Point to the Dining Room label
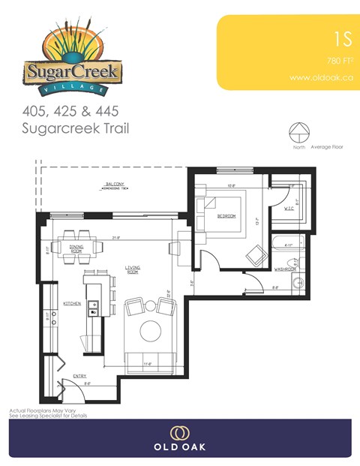[x=76, y=247]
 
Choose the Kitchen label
[x=72, y=303]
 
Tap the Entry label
[x=79, y=375]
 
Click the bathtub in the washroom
[x=288, y=243]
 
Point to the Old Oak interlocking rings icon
[x=179, y=433]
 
